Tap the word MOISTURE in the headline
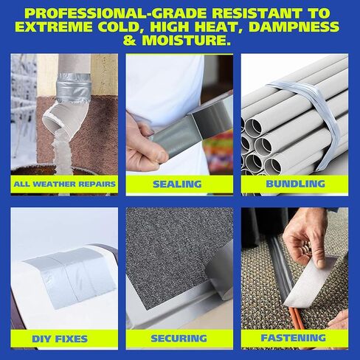pos(187,41)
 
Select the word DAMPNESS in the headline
pos(294,27)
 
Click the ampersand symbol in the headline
pos(130,41)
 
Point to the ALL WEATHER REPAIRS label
pos(64,184)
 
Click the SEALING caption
pos(177,184)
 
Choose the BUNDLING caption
pos(295,184)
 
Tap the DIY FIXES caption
pos(60,339)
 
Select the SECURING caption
pos(179,339)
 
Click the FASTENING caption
pos(294,338)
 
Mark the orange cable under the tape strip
pos(295,317)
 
